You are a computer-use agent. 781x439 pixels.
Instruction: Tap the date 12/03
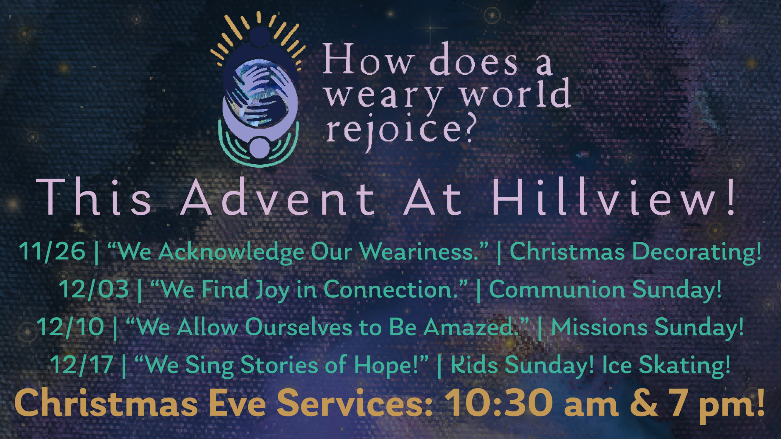point(95,289)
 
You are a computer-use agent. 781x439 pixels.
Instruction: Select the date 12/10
point(71,327)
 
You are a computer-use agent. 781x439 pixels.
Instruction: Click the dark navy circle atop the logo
point(260,37)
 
